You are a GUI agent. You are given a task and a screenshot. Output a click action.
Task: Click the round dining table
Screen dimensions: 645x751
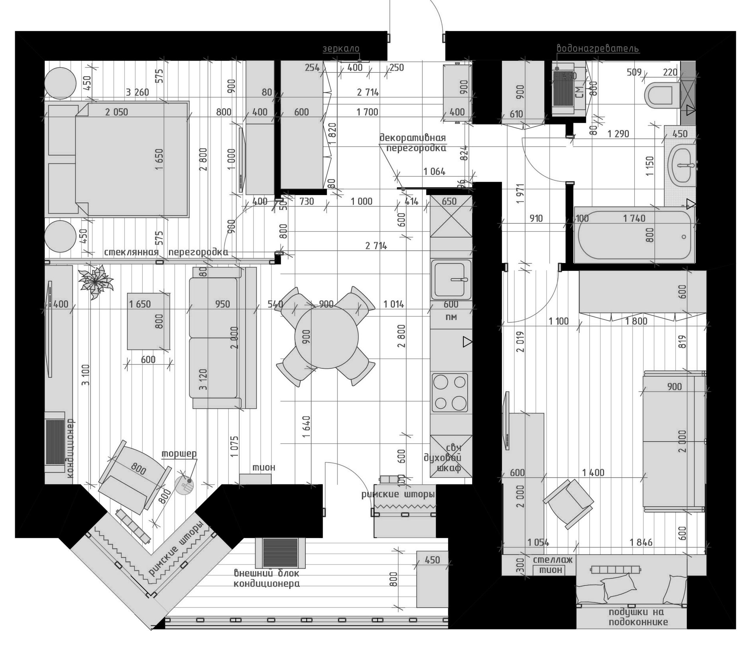pyautogui.click(x=327, y=337)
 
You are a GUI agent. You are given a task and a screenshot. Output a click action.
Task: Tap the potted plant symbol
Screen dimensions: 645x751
pyautogui.click(x=95, y=282)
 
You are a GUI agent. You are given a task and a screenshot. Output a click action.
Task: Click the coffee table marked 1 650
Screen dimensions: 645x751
pyautogui.click(x=149, y=322)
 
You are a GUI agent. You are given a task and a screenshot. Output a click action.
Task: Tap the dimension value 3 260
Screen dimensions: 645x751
pyautogui.click(x=137, y=92)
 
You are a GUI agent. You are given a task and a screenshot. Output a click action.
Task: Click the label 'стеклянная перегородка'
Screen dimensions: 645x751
pyautogui.click(x=166, y=252)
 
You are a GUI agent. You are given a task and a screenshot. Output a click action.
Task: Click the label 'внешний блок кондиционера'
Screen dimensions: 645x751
pyautogui.click(x=267, y=578)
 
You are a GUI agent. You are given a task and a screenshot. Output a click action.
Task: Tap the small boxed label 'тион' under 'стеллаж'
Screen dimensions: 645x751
pyautogui.click(x=551, y=570)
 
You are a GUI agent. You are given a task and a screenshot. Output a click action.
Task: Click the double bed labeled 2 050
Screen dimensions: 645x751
pyautogui.click(x=132, y=159)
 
